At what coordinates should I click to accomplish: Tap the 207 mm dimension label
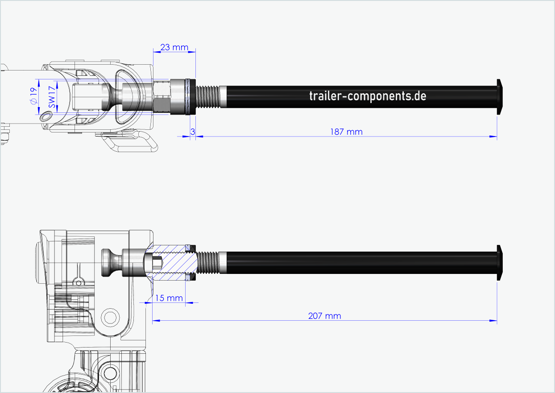[324, 316]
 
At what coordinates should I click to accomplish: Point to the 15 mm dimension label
[169, 298]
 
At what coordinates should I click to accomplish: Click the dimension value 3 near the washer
[193, 132]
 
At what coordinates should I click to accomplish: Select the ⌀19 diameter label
[33, 96]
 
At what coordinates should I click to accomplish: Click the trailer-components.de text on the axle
[367, 96]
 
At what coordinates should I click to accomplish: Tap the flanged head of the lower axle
[500, 263]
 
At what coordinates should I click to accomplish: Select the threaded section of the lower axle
[208, 263]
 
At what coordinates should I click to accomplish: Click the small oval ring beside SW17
[46, 116]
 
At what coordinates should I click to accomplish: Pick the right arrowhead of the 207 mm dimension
[494, 320]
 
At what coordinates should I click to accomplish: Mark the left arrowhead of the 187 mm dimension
[199, 137]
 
